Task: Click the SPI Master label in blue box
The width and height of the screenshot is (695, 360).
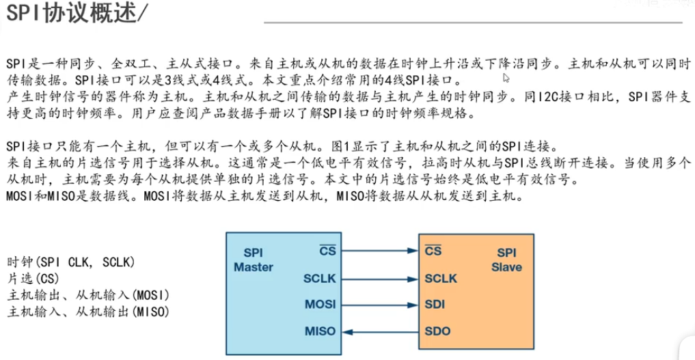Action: (x=254, y=260)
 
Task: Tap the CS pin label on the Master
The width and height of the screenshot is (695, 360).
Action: (x=327, y=251)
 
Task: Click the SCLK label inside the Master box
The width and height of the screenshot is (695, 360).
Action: (x=319, y=278)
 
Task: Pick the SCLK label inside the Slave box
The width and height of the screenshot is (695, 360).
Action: (x=441, y=278)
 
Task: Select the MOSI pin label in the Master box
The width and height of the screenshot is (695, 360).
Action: (x=320, y=305)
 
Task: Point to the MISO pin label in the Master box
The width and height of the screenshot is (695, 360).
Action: (x=320, y=331)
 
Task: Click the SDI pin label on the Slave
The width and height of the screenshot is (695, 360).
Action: (x=435, y=305)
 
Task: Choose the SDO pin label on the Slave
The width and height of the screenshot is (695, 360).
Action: (x=437, y=331)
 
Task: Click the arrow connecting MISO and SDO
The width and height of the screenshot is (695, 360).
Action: (x=379, y=331)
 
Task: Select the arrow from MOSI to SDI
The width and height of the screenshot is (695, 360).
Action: (x=379, y=305)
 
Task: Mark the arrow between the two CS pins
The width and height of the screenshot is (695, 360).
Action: (x=379, y=251)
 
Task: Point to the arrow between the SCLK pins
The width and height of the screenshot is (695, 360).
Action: (x=379, y=278)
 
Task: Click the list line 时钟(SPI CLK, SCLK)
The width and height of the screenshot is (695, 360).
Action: (x=71, y=262)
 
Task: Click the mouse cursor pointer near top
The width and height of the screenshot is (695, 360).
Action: (x=506, y=79)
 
